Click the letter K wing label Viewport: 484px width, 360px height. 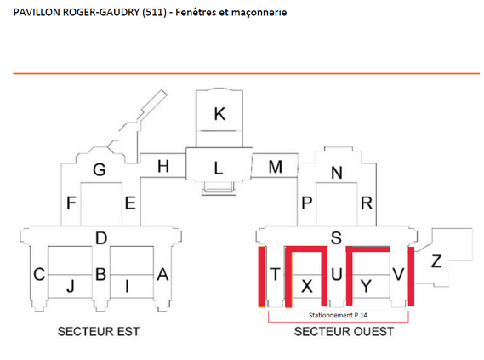coord(219,114)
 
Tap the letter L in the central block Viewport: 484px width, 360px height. coord(219,169)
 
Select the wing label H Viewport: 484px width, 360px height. coord(163,167)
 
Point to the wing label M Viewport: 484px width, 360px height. coord(276,167)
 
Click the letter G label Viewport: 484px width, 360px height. coord(100,170)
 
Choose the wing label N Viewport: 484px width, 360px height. coord(337,173)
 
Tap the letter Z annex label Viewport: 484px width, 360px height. coord(436,261)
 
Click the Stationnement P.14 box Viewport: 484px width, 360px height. coord(339,316)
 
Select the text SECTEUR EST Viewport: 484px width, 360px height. coord(99,332)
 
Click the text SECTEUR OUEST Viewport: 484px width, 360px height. coord(344,332)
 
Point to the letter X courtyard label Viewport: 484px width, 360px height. coord(307,286)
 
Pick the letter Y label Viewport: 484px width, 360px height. coord(366,286)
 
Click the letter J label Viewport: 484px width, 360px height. coord(71,286)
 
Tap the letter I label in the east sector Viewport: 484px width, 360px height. coord(127,286)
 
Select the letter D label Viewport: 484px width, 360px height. coord(101,238)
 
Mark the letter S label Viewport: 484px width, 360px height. coord(336,238)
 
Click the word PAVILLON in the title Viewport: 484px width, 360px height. coord(37,13)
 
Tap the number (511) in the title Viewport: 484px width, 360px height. coord(154,13)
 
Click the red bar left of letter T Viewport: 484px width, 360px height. coord(261,277)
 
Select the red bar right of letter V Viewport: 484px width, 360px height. coord(411,277)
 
